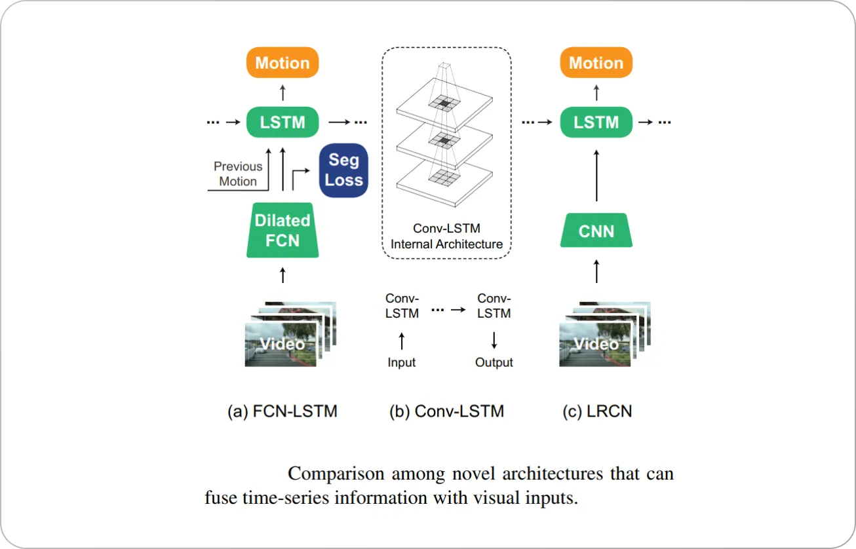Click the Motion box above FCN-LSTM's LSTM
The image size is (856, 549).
(x=282, y=63)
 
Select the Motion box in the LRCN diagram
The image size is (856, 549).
(x=596, y=63)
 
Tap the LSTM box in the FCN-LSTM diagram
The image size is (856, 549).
(x=282, y=123)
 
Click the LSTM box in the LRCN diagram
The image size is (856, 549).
(x=596, y=123)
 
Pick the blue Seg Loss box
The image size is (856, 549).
(x=343, y=170)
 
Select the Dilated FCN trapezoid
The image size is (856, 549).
(x=282, y=230)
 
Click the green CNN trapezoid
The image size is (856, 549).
(x=596, y=231)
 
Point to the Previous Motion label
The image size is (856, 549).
(x=237, y=174)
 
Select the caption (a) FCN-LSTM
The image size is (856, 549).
(x=282, y=411)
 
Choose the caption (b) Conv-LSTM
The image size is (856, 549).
(x=446, y=411)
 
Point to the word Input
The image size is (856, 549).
(x=402, y=362)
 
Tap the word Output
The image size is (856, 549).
(x=494, y=362)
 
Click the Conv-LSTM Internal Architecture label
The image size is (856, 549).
(x=446, y=237)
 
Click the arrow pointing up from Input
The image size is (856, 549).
(x=402, y=340)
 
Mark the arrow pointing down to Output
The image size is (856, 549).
(x=494, y=340)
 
